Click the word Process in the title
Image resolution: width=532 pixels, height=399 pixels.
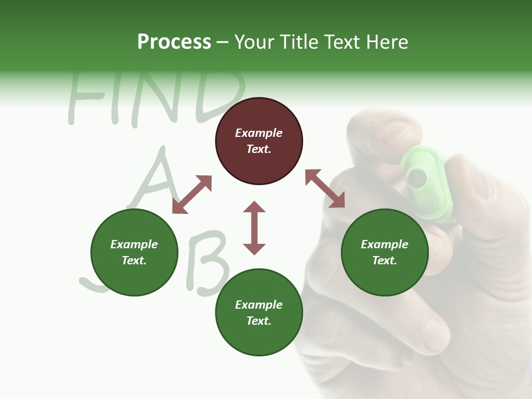174,42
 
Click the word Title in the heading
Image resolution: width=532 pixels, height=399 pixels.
300,42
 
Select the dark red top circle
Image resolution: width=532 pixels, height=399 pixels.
259,141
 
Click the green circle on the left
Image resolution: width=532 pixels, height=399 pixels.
134,252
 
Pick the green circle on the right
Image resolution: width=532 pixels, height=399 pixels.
385,252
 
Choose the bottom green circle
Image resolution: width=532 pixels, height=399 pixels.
259,313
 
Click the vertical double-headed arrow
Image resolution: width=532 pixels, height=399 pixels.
254,228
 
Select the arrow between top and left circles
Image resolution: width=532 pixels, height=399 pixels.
192,195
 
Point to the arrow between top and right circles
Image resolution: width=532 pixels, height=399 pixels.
325,188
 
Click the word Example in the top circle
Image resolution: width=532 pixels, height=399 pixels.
259,133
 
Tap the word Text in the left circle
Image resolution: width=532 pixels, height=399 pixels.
134,260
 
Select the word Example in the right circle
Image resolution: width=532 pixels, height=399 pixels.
385,244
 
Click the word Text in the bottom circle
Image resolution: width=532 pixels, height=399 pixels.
259,321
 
